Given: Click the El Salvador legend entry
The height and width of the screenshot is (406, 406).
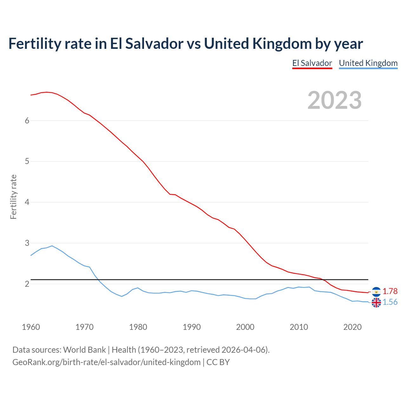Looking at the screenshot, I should [x=312, y=63].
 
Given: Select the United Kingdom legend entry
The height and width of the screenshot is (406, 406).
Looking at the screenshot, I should [x=368, y=63].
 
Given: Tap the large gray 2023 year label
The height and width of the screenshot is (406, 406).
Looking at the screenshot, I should [x=335, y=100].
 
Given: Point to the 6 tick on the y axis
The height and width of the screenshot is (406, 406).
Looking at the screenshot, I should [x=27, y=121].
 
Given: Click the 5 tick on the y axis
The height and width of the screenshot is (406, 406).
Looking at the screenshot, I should [x=27, y=161].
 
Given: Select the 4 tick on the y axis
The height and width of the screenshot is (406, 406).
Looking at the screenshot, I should [x=27, y=202].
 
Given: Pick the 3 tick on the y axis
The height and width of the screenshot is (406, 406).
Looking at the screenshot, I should [x=27, y=243].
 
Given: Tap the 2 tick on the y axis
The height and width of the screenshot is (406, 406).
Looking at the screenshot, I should [x=27, y=284].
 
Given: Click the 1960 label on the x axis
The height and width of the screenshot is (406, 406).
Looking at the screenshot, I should [x=31, y=327].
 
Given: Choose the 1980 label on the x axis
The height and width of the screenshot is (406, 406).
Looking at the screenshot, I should [x=138, y=327].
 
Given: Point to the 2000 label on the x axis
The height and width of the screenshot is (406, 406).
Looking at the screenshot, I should [x=245, y=327].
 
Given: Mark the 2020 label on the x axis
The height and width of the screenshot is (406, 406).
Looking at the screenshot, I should [x=352, y=327].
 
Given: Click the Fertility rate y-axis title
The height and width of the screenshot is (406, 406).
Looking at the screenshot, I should [x=13, y=197].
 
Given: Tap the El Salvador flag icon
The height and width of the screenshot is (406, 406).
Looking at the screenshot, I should [x=376, y=291].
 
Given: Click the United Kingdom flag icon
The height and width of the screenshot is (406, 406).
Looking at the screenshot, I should [x=376, y=303].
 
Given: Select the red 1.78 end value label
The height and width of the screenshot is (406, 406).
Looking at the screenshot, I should [x=390, y=291].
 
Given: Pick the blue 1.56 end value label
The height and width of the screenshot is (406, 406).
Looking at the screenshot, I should [x=390, y=302].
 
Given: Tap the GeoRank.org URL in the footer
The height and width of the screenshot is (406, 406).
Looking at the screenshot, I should [x=106, y=362].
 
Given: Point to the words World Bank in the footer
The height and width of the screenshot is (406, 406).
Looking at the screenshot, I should [x=84, y=350].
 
